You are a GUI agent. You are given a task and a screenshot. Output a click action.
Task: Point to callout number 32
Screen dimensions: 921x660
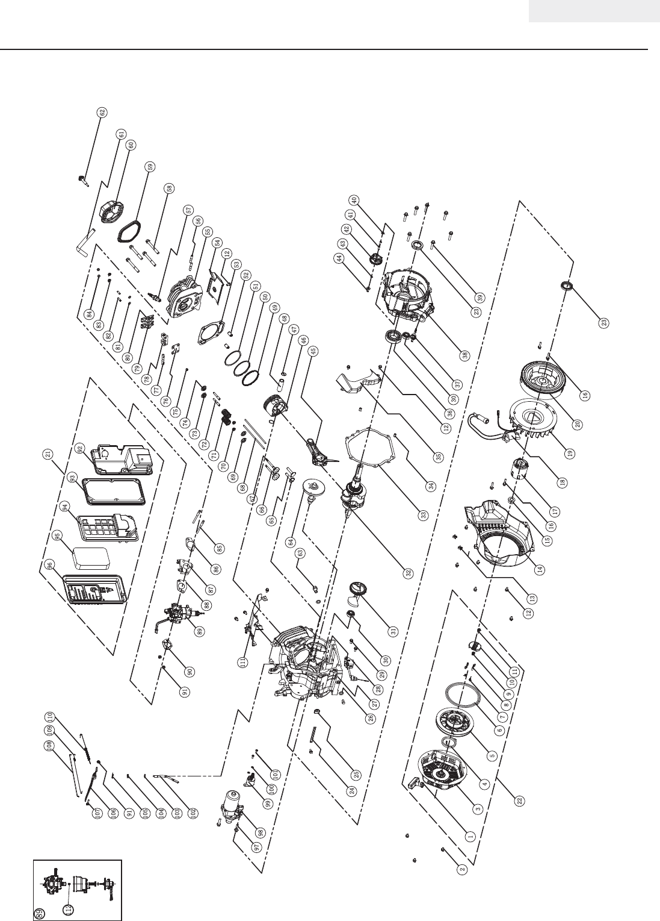(409, 573)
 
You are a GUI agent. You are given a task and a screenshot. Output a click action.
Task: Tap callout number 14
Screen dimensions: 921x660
(540, 569)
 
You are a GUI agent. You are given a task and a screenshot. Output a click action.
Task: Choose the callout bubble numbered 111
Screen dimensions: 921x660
(243, 663)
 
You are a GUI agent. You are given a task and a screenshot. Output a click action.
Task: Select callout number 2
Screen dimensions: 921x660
(462, 869)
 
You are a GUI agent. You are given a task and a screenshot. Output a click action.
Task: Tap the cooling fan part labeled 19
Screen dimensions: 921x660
(529, 422)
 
